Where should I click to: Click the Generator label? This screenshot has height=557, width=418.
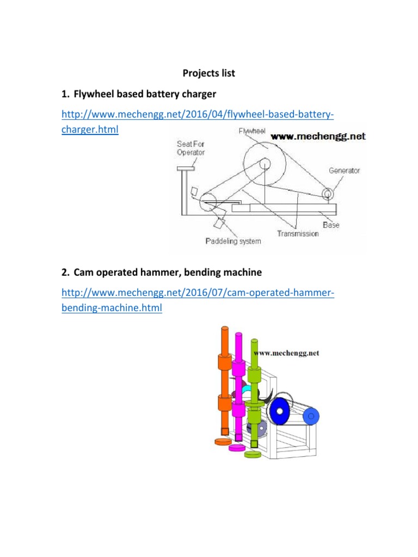tap(344, 170)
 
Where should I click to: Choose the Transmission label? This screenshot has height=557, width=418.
tap(297, 233)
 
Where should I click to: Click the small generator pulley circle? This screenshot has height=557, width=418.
tap(328, 194)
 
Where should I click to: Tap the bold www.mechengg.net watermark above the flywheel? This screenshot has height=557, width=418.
tap(318, 137)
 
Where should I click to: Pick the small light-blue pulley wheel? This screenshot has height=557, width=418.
tap(311, 418)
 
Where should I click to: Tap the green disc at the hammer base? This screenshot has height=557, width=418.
tap(253, 453)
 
